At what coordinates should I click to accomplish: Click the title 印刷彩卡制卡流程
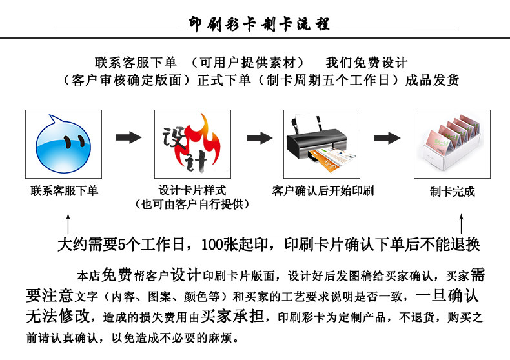click(x=260, y=24)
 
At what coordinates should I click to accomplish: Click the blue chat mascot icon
click(x=63, y=144)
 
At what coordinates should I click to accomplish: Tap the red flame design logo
click(x=192, y=144)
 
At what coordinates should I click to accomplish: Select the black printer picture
click(x=321, y=144)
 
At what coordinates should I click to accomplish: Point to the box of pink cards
click(x=452, y=143)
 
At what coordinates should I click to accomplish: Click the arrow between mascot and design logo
click(x=128, y=137)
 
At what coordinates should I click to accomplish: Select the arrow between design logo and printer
click(x=260, y=138)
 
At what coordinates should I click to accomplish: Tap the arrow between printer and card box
click(x=387, y=138)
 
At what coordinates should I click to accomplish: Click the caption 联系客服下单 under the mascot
click(x=64, y=191)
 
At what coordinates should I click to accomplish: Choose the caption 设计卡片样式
click(x=192, y=190)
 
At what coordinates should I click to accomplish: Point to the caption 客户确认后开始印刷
click(x=323, y=191)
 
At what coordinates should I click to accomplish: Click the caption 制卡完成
click(x=452, y=192)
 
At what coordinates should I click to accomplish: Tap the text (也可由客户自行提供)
click(x=192, y=204)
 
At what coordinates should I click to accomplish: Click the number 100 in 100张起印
click(x=212, y=245)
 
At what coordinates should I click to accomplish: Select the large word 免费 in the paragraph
click(x=117, y=275)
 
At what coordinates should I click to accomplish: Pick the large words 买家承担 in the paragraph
click(x=232, y=315)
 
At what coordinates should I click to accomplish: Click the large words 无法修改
click(x=58, y=315)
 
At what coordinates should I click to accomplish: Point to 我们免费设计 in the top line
click(x=367, y=63)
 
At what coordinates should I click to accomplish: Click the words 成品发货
click(x=432, y=80)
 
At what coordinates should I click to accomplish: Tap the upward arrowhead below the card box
click(x=461, y=217)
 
